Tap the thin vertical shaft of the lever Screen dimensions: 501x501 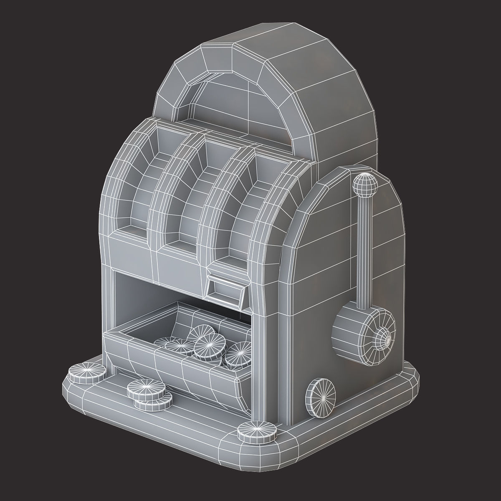click(x=364, y=250)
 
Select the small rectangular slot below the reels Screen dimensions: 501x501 click(x=225, y=289)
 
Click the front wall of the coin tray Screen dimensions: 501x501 click(x=175, y=372)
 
